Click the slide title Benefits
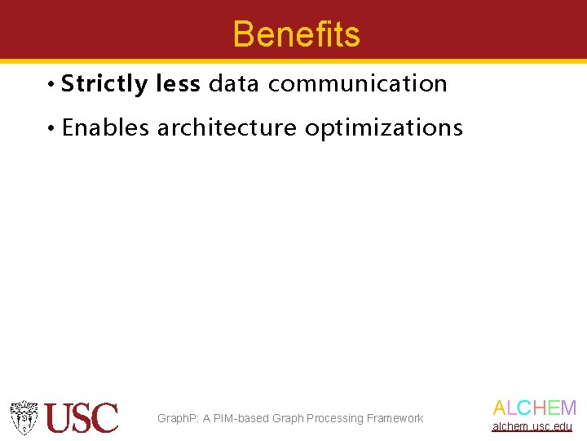(296, 34)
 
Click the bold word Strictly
(104, 84)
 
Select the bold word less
(177, 83)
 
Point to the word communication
(357, 83)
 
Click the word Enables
(105, 127)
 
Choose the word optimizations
(383, 128)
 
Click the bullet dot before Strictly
(51, 84)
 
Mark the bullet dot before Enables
(51, 128)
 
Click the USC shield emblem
(24, 417)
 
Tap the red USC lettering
(82, 418)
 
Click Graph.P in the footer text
(177, 418)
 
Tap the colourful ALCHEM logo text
(535, 408)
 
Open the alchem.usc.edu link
(532, 426)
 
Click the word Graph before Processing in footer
(288, 418)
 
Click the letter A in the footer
(207, 418)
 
